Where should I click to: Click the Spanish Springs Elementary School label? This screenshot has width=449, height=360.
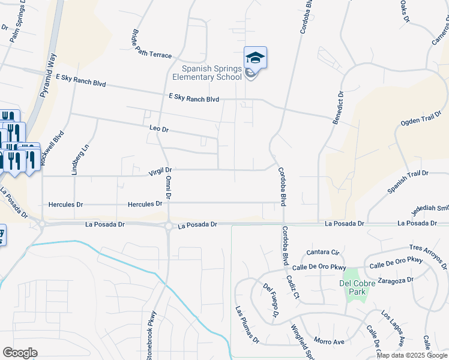pyautogui.click(x=207, y=73)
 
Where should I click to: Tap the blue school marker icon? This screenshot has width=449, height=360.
pyautogui.click(x=255, y=58)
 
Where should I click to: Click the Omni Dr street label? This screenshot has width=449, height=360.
pyautogui.click(x=167, y=188)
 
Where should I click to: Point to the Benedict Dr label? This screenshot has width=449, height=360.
pyautogui.click(x=339, y=108)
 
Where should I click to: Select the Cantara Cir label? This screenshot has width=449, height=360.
pyautogui.click(x=324, y=251)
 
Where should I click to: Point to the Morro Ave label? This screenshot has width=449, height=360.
pyautogui.click(x=329, y=341)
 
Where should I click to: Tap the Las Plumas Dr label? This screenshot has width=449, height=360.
pyautogui.click(x=247, y=325)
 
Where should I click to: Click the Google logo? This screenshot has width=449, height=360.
pyautogui.click(x=20, y=352)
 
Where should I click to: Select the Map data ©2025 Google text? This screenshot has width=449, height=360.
pyautogui.click(x=411, y=355)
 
